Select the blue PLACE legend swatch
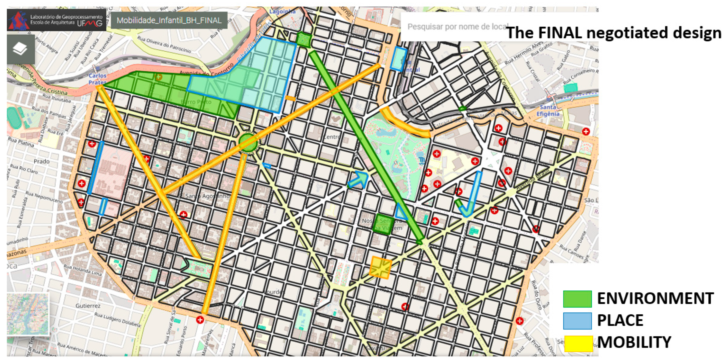click(577, 321)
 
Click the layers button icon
click(20, 49)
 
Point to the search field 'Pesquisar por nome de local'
click(457, 27)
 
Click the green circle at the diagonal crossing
click(248, 143)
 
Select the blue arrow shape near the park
click(359, 180)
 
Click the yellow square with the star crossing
click(380, 267)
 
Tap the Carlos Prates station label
click(97, 79)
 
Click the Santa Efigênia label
click(548, 110)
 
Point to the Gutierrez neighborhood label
click(88, 306)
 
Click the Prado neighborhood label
click(42, 161)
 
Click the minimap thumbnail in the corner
click(28, 314)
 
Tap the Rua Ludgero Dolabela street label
click(117, 319)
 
